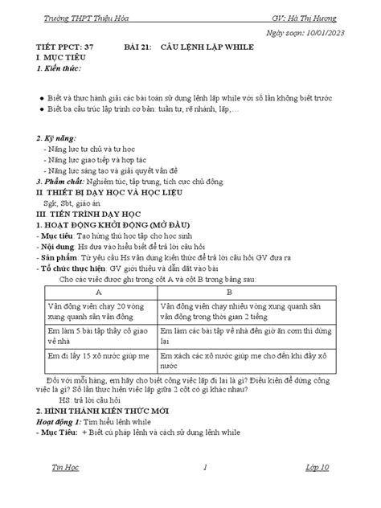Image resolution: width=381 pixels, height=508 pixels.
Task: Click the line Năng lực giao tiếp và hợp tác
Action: (96, 160)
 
